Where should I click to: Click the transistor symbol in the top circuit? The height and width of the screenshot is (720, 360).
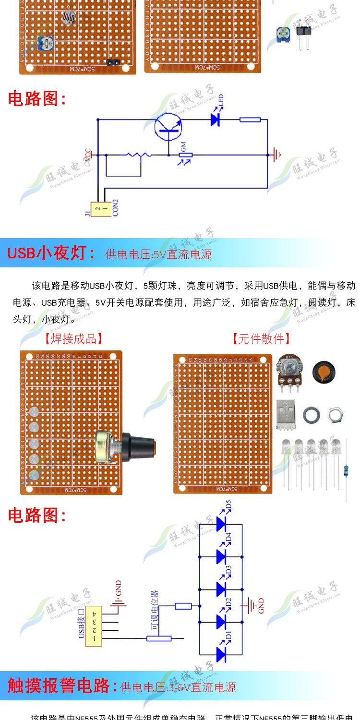pyautogui.click(x=168, y=126)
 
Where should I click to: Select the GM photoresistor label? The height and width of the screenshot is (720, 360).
pyautogui.click(x=183, y=146)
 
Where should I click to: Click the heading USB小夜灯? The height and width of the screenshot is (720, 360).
pyautogui.click(x=51, y=253)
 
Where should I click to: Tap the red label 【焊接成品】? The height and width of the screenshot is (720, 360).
pyautogui.click(x=74, y=339)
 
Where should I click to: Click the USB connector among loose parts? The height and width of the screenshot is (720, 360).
pyautogui.click(x=286, y=413)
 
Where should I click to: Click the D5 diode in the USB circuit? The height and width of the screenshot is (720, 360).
pyautogui.click(x=221, y=524)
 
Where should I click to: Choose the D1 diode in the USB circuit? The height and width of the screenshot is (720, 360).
pyautogui.click(x=221, y=654)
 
